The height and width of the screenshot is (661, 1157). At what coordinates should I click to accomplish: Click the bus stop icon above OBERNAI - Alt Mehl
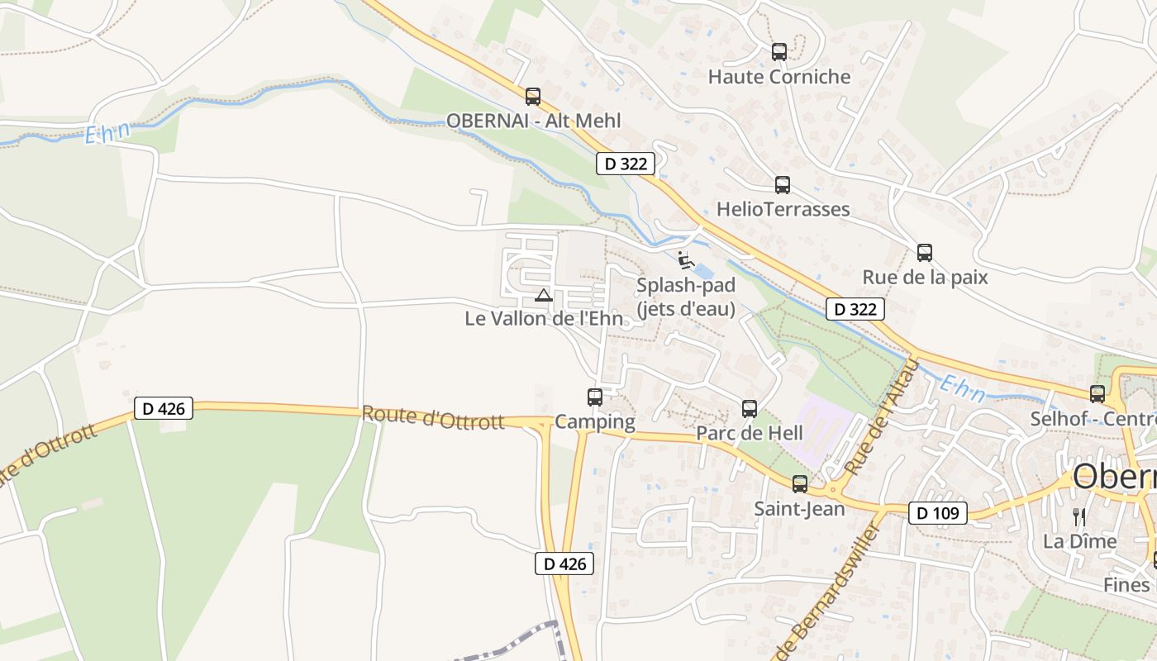533,97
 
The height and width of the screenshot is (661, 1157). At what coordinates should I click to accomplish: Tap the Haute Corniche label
779,77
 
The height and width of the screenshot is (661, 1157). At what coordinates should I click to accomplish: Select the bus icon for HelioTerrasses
783,185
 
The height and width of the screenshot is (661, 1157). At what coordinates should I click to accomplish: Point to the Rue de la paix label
925,277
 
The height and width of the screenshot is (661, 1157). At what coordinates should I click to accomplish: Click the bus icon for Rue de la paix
925,253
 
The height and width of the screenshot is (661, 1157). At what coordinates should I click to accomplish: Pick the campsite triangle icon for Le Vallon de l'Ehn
543,295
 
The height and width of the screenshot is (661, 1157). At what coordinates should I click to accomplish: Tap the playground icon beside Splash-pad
684,260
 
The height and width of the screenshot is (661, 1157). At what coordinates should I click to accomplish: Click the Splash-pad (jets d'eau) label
685,297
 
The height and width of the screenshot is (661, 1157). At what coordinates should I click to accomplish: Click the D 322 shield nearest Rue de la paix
855,310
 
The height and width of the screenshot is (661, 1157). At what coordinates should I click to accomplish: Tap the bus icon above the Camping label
595,397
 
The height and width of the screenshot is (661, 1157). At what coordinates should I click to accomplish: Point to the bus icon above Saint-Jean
800,484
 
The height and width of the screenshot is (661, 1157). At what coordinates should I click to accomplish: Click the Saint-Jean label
799,508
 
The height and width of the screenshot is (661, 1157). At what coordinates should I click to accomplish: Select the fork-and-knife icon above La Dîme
1079,517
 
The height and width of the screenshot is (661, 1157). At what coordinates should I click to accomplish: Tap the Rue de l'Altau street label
882,417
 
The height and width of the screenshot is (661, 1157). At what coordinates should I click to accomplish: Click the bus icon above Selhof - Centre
1097,394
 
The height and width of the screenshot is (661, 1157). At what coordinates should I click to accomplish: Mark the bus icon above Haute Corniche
779,52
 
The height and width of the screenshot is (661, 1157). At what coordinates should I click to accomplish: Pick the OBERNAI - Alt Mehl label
533,121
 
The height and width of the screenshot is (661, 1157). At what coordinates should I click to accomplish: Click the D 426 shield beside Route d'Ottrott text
164,408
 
